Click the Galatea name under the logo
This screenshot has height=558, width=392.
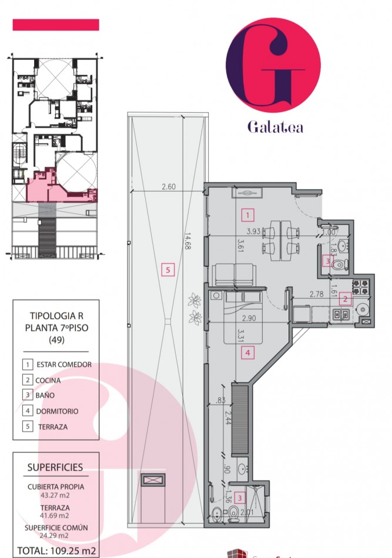275,127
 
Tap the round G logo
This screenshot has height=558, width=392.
273,65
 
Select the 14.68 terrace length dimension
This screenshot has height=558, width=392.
187,241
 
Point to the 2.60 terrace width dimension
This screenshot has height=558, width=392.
169,186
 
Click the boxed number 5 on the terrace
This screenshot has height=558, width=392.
167,270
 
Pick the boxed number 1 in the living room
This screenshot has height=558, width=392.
248,215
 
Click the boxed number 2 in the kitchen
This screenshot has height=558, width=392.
345,299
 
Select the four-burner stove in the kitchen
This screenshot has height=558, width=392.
360,287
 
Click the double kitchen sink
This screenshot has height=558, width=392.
341,314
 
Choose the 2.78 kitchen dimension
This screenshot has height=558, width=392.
316,294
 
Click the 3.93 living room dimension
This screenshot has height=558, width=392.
253,231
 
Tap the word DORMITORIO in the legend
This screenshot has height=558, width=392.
58,411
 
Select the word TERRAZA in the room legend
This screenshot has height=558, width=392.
53,426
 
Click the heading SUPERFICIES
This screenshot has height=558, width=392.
55,468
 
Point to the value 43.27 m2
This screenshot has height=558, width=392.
55,495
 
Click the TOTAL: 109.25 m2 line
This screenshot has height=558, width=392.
56,551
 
